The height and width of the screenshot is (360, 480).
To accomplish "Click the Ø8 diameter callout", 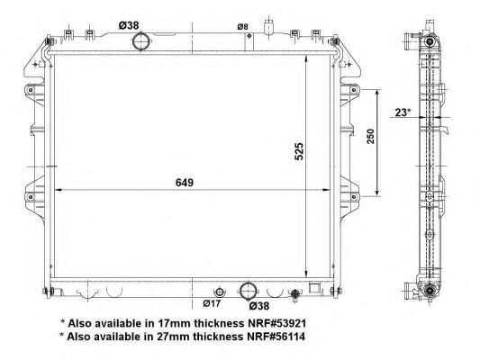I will [x=241, y=27].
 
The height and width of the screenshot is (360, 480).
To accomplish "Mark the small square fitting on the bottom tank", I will [x=313, y=290].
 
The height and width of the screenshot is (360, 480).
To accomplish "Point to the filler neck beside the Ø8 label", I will [x=267, y=29].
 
